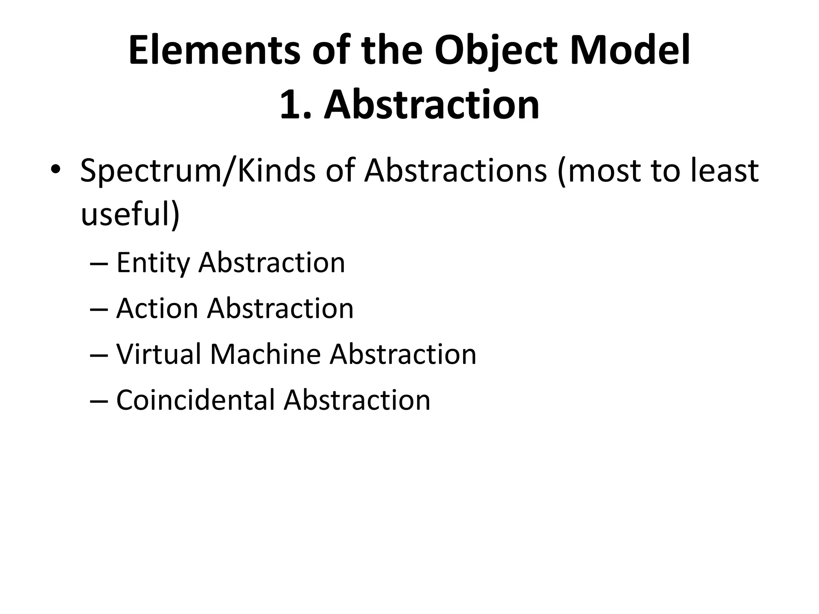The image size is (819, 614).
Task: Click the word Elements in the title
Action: (214, 51)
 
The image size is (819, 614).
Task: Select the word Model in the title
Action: (630, 51)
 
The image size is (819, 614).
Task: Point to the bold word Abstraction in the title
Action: (431, 105)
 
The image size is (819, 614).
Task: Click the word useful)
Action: (130, 213)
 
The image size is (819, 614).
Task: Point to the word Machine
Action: (265, 354)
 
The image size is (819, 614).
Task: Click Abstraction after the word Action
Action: (280, 308)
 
